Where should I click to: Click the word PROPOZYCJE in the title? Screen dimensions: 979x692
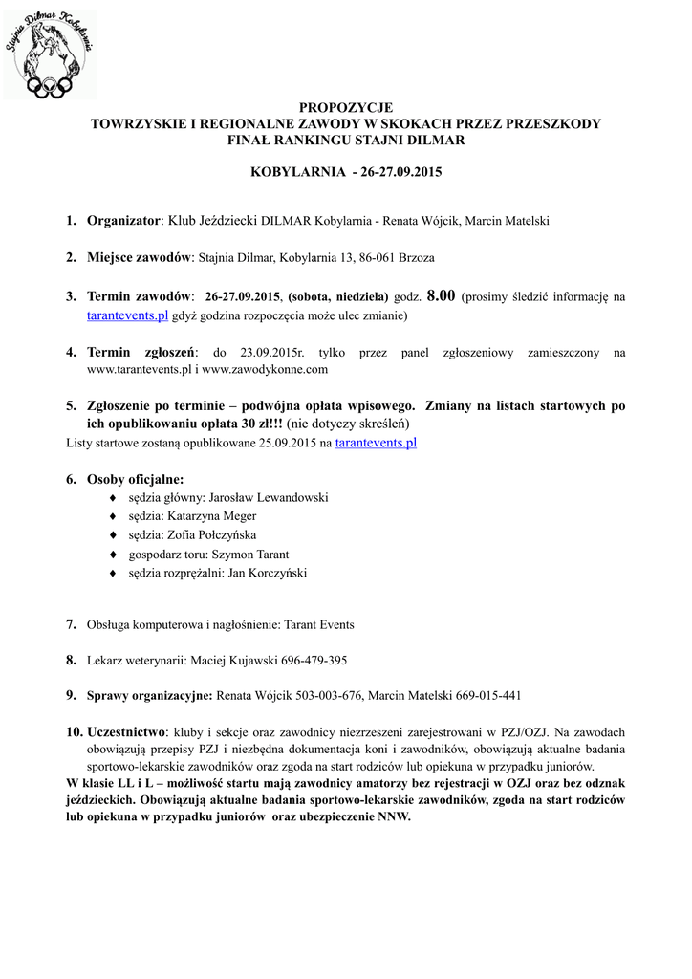[345, 107]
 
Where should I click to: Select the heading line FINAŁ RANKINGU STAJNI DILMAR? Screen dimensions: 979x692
[345, 140]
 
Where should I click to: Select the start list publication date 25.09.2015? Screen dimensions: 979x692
[278, 444]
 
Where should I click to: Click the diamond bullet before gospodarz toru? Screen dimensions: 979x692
[114, 555]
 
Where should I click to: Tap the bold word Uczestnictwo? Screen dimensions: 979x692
[125, 731]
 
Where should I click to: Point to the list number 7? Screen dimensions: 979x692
[71, 624]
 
